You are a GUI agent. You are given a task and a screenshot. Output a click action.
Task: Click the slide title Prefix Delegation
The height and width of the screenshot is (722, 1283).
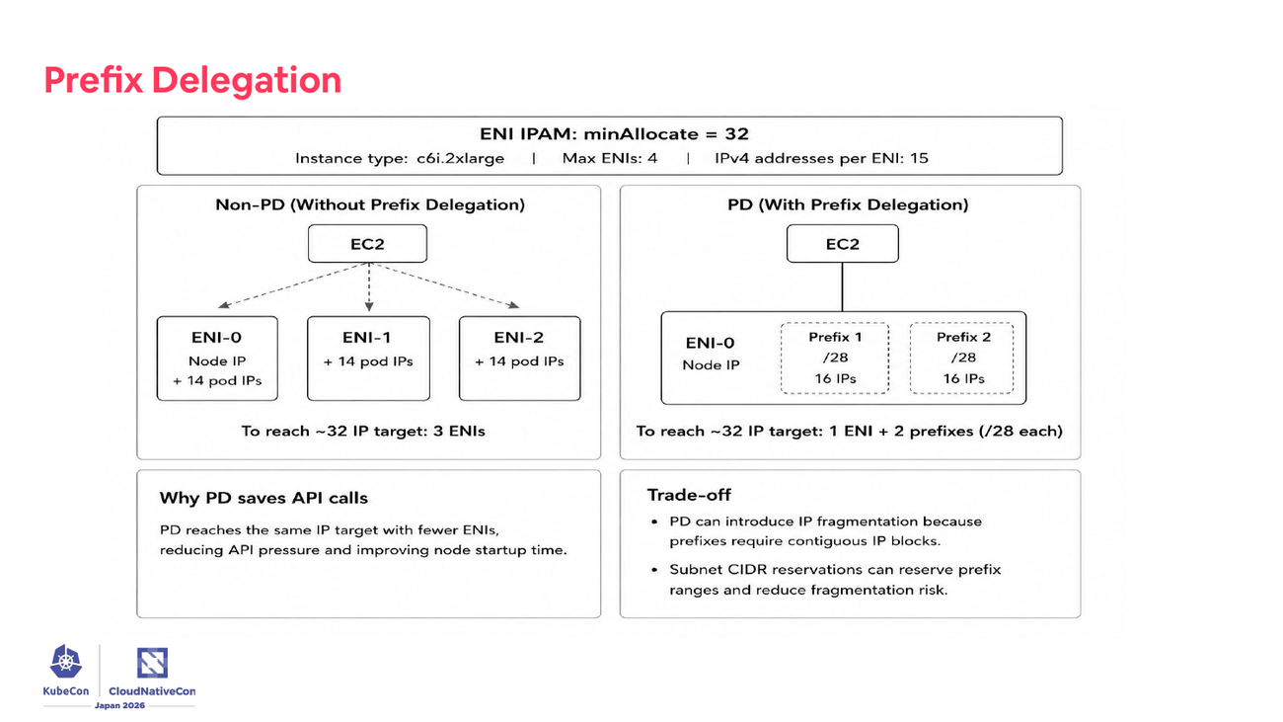click(x=192, y=80)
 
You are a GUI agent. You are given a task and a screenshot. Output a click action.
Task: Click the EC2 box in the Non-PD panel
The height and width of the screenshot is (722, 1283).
click(x=367, y=244)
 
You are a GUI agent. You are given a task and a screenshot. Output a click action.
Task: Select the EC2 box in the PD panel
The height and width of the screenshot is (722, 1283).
click(x=842, y=244)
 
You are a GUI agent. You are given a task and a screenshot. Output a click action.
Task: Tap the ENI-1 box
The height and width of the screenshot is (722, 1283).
click(x=368, y=359)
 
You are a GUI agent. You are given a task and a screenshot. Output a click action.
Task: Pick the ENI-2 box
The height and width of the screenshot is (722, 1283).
click(x=519, y=359)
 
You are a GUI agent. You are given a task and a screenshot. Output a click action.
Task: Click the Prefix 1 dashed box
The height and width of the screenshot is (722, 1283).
click(x=835, y=359)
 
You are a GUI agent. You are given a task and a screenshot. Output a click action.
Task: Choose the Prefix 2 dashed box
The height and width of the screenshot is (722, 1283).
click(x=961, y=359)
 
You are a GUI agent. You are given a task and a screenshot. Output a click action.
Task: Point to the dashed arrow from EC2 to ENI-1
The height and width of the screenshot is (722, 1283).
click(x=369, y=287)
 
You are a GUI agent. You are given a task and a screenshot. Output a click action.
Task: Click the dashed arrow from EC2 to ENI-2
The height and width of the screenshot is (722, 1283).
click(x=444, y=285)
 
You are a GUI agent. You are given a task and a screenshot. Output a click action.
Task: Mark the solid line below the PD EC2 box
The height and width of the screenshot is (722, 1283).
click(x=842, y=287)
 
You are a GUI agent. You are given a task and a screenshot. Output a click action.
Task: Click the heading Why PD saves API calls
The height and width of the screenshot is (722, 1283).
click(x=264, y=498)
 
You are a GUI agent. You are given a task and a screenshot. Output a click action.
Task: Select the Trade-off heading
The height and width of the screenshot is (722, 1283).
click(x=689, y=495)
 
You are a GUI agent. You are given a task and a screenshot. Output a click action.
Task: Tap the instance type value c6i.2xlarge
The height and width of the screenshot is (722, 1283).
click(x=461, y=158)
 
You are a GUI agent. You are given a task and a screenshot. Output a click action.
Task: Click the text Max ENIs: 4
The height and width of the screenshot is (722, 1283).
click(x=610, y=158)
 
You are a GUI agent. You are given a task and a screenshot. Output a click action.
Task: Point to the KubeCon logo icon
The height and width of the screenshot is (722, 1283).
click(x=66, y=662)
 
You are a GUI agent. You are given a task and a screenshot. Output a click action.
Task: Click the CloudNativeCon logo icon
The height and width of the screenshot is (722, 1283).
click(x=152, y=663)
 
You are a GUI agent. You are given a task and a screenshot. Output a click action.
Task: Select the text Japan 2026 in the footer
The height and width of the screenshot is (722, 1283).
click(x=119, y=705)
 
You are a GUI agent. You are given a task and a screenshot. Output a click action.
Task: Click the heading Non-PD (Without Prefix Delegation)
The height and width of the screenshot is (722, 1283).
click(x=370, y=204)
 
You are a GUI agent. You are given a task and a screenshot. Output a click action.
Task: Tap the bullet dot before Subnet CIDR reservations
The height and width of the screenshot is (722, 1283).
click(x=654, y=570)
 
